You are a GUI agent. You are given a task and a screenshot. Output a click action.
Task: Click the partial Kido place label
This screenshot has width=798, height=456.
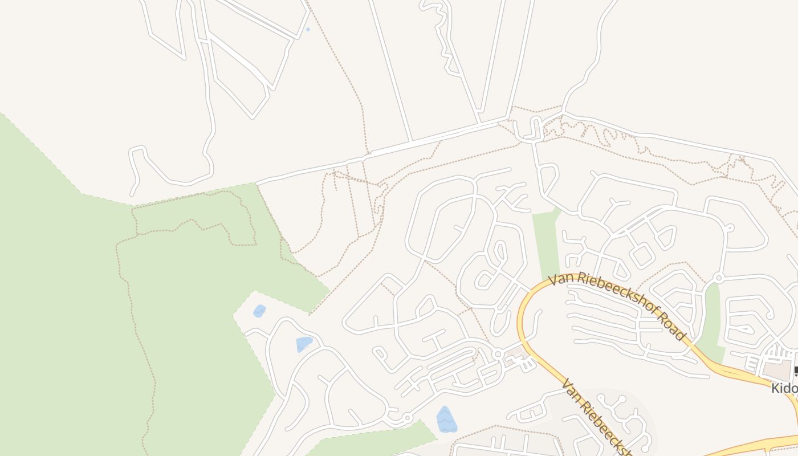pyautogui.click(x=784, y=389)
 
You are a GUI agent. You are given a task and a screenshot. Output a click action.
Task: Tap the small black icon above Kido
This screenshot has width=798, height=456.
pyautogui.click(x=796, y=370)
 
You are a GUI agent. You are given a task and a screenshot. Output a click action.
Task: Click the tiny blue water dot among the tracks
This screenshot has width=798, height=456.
pyautogui.click(x=308, y=29)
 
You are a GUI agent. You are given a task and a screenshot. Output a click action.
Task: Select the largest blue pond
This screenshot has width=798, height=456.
pyautogui.click(x=446, y=420)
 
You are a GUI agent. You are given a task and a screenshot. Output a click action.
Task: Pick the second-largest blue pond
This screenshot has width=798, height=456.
pyautogui.click(x=304, y=344)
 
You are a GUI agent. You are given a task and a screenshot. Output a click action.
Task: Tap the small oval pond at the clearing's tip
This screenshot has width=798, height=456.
pyautogui.click(x=259, y=311)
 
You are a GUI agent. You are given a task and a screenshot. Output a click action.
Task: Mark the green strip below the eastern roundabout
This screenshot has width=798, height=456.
pyautogui.click(x=711, y=319)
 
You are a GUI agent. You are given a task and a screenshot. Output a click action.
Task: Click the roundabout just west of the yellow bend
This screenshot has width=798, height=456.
pyautogui.click(x=498, y=354)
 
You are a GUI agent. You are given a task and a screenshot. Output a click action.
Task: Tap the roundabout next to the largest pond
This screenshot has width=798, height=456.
pyautogui.click(x=407, y=419)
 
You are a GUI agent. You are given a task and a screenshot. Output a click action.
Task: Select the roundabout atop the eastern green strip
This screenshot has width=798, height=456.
pyautogui.click(x=718, y=278)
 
